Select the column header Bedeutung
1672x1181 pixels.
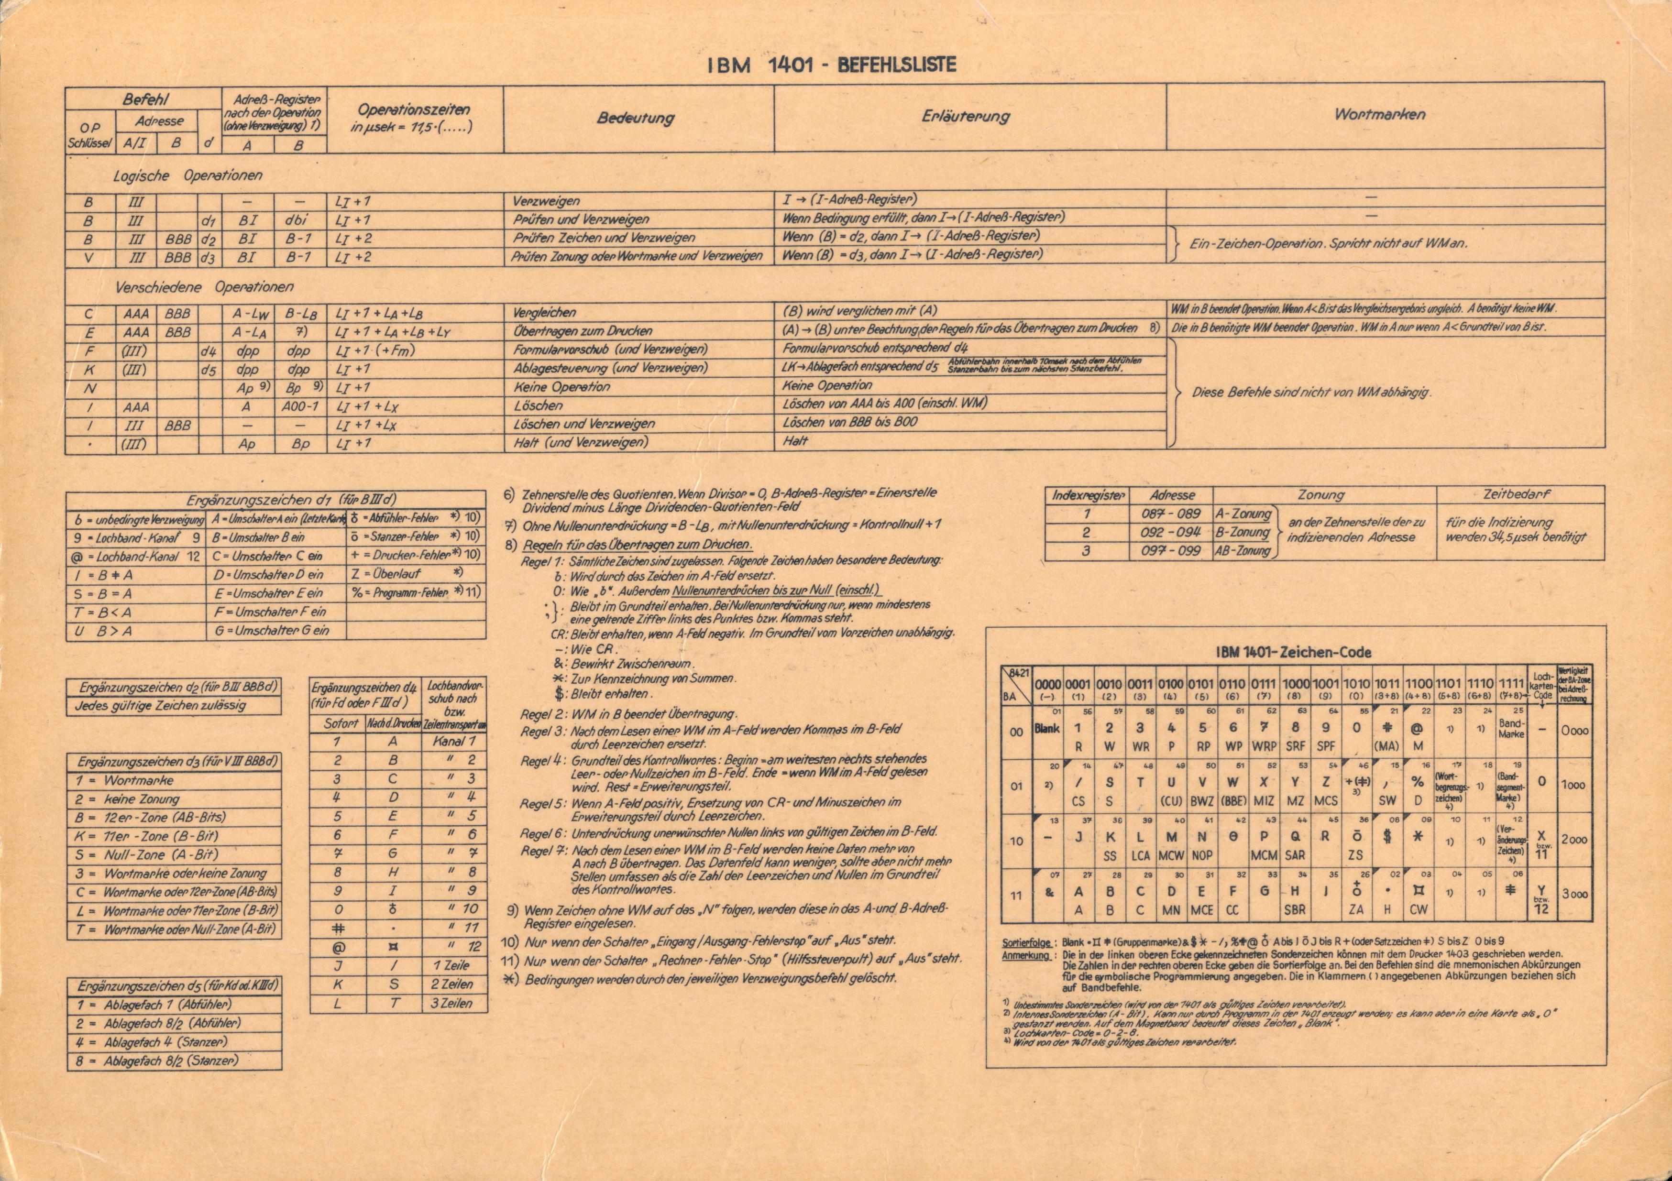pos(635,118)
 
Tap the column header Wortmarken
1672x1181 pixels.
pos(1379,114)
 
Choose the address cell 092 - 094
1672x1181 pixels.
pos(1171,532)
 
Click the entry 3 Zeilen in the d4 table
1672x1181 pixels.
pos(451,1003)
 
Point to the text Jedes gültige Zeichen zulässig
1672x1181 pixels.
pos(160,705)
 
